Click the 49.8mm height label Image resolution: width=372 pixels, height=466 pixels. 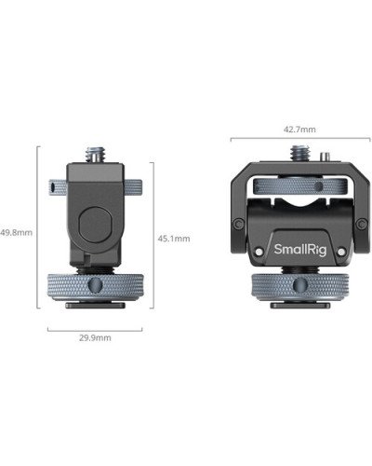[16, 232]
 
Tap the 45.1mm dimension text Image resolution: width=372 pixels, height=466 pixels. [174, 238]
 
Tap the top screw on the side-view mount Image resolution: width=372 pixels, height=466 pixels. [95, 152]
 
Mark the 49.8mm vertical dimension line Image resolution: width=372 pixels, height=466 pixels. [38, 232]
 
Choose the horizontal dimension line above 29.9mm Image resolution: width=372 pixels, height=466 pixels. [95, 327]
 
